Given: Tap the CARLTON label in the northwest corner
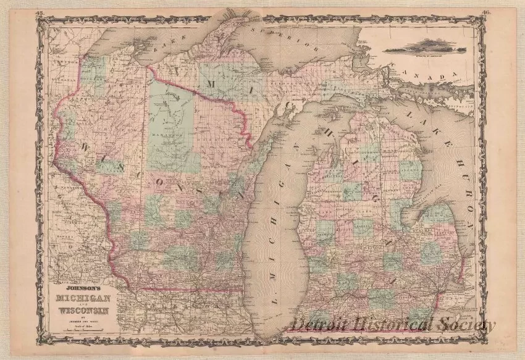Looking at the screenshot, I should (59, 62).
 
